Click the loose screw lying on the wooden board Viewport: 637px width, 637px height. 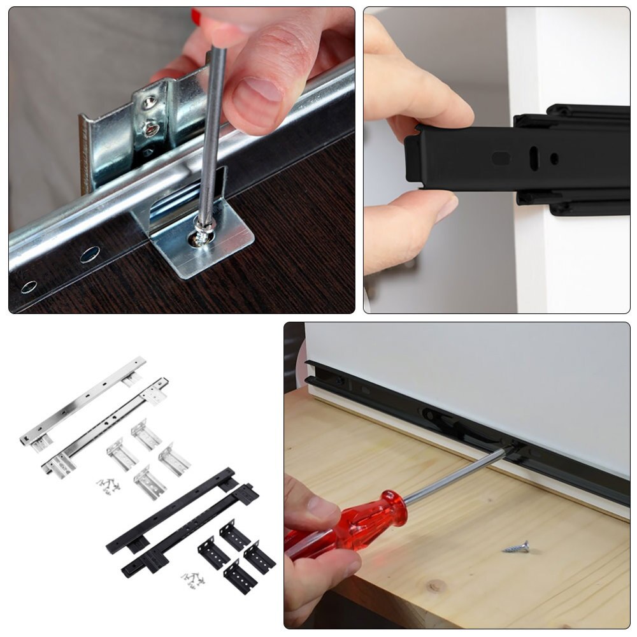517,547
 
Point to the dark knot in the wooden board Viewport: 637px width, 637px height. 435,585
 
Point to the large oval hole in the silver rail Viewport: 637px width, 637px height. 90,254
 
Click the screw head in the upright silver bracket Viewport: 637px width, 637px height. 152,129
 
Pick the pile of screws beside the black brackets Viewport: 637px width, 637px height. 192,579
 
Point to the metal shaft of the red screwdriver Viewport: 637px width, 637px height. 452,478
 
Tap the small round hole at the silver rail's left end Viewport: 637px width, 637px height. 29,287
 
